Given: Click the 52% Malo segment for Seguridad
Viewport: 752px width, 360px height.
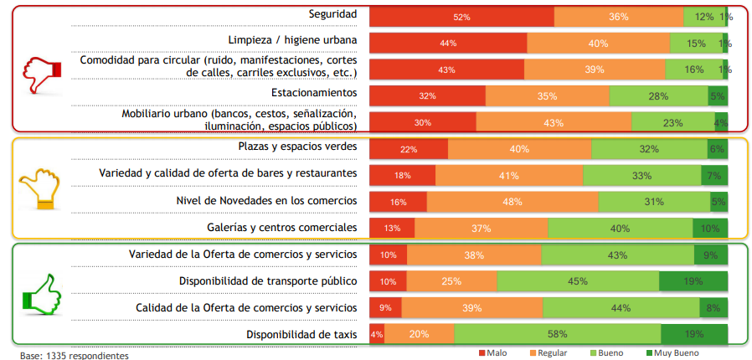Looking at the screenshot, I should click(x=461, y=16).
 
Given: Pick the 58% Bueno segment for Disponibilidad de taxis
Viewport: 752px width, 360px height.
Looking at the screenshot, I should click(x=557, y=335).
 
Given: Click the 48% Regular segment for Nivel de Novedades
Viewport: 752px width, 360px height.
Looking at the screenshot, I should click(x=512, y=202).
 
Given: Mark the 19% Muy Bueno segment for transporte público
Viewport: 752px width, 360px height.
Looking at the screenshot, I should click(x=693, y=281).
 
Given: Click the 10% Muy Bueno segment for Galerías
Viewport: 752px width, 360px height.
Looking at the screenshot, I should click(x=709, y=229).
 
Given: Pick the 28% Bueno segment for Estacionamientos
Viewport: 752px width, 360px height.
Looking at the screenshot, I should click(x=658, y=96).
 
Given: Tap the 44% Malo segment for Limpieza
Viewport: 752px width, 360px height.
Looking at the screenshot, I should click(x=448, y=43).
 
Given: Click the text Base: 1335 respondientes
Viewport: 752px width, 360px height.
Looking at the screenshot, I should click(x=75, y=355).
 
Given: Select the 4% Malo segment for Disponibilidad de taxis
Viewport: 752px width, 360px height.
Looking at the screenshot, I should click(x=377, y=335).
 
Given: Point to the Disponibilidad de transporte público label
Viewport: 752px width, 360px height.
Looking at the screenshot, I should click(x=268, y=280).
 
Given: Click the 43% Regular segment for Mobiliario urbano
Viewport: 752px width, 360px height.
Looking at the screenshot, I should click(x=554, y=122).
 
